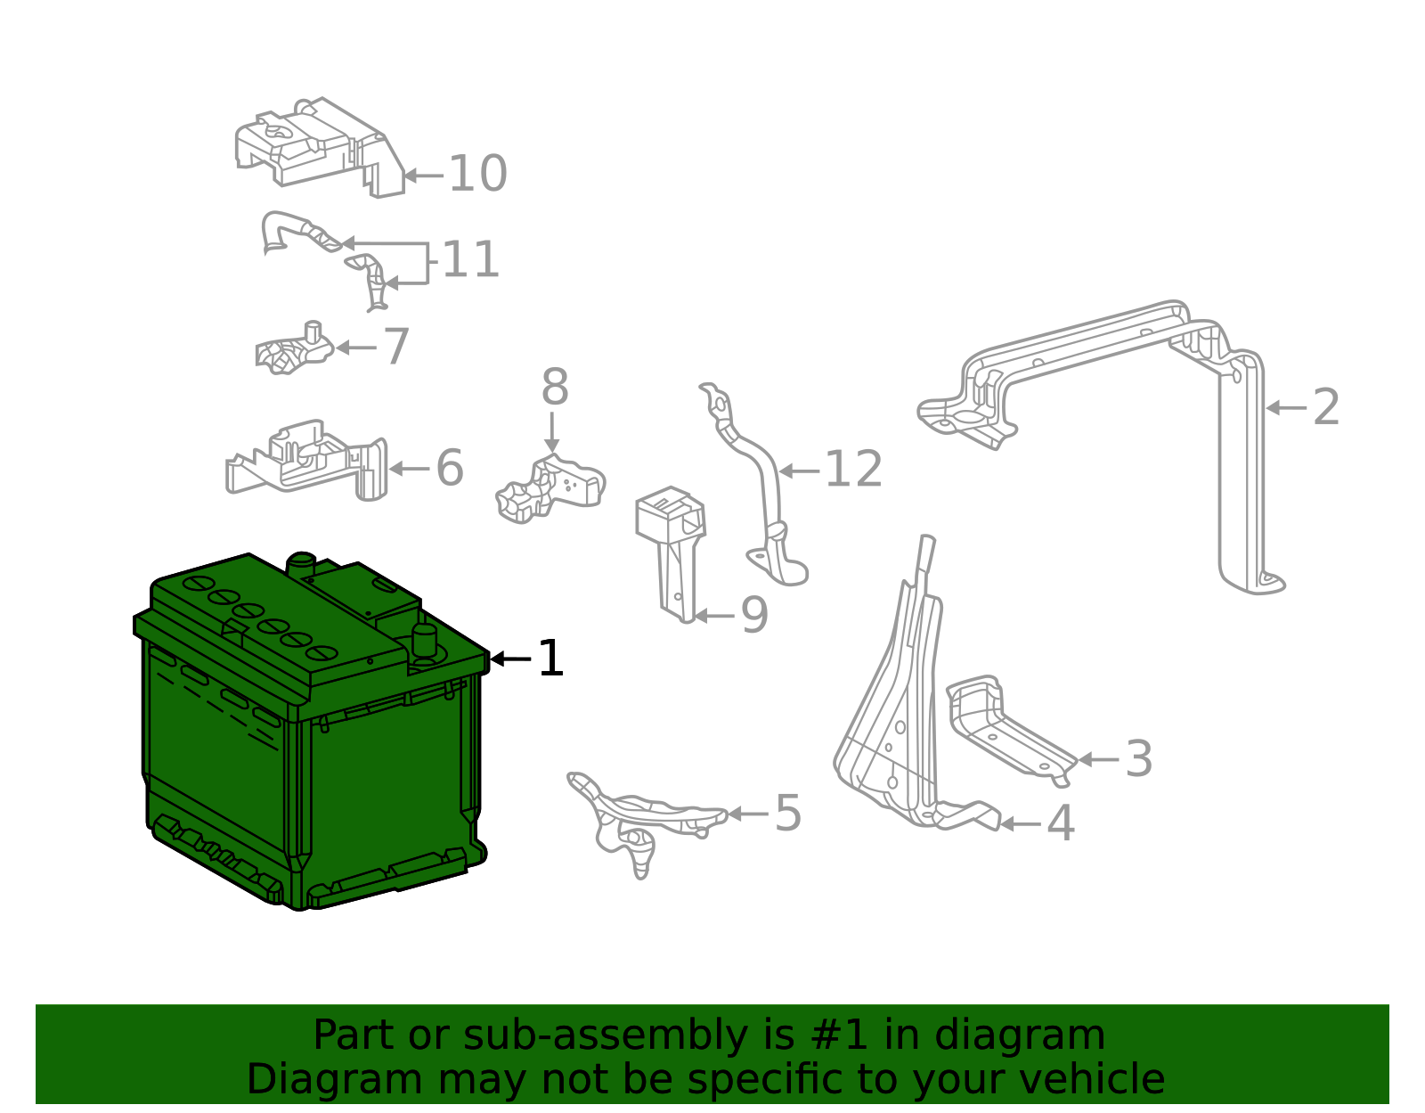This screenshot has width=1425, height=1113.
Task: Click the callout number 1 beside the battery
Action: click(x=551, y=659)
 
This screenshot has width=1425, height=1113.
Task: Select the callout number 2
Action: click(x=1326, y=407)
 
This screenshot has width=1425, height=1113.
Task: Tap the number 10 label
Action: click(x=477, y=174)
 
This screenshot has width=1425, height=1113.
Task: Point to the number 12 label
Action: click(x=853, y=470)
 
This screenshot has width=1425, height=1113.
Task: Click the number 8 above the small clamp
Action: click(x=554, y=389)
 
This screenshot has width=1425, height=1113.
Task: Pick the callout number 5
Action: click(x=788, y=814)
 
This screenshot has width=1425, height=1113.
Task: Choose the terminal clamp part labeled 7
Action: click(x=294, y=350)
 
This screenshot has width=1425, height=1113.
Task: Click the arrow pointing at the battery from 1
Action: click(x=510, y=659)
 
